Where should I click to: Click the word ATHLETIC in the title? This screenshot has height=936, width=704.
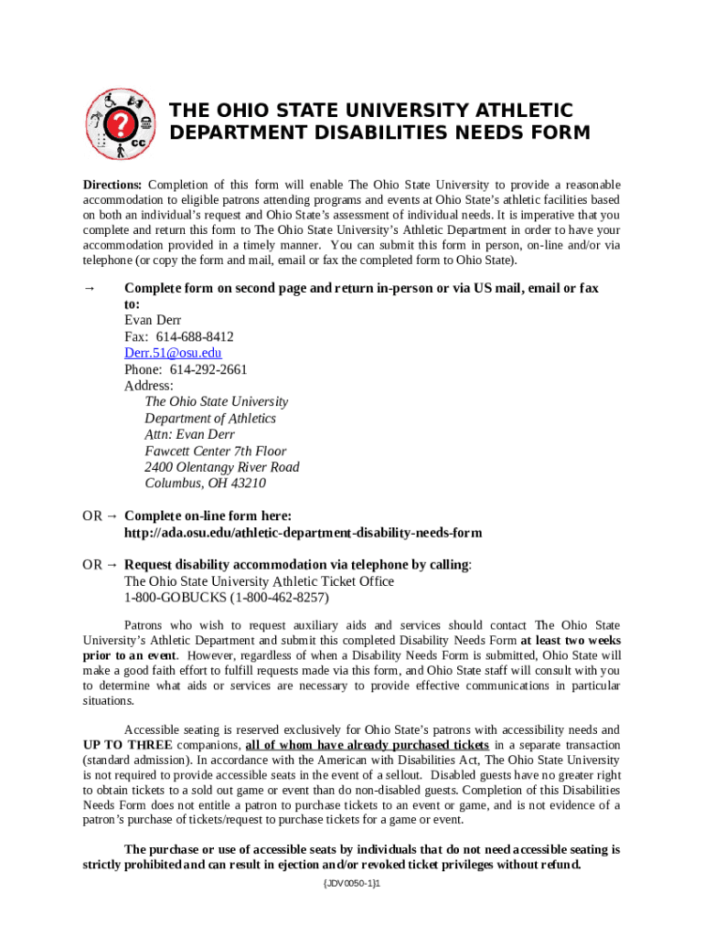tap(517, 111)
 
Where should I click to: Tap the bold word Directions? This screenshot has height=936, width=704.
tap(112, 184)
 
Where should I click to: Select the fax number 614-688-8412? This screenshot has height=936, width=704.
tap(194, 336)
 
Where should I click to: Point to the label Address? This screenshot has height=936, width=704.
tap(148, 386)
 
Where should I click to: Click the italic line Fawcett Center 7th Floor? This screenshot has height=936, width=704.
tap(215, 451)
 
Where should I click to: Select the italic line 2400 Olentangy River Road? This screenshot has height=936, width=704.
tap(221, 467)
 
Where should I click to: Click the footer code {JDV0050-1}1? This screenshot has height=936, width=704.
tap(351, 886)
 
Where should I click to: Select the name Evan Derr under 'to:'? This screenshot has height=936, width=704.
tap(153, 320)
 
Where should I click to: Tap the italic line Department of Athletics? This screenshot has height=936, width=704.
tap(209, 418)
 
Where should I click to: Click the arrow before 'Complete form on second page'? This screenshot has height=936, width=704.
tap(90, 288)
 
